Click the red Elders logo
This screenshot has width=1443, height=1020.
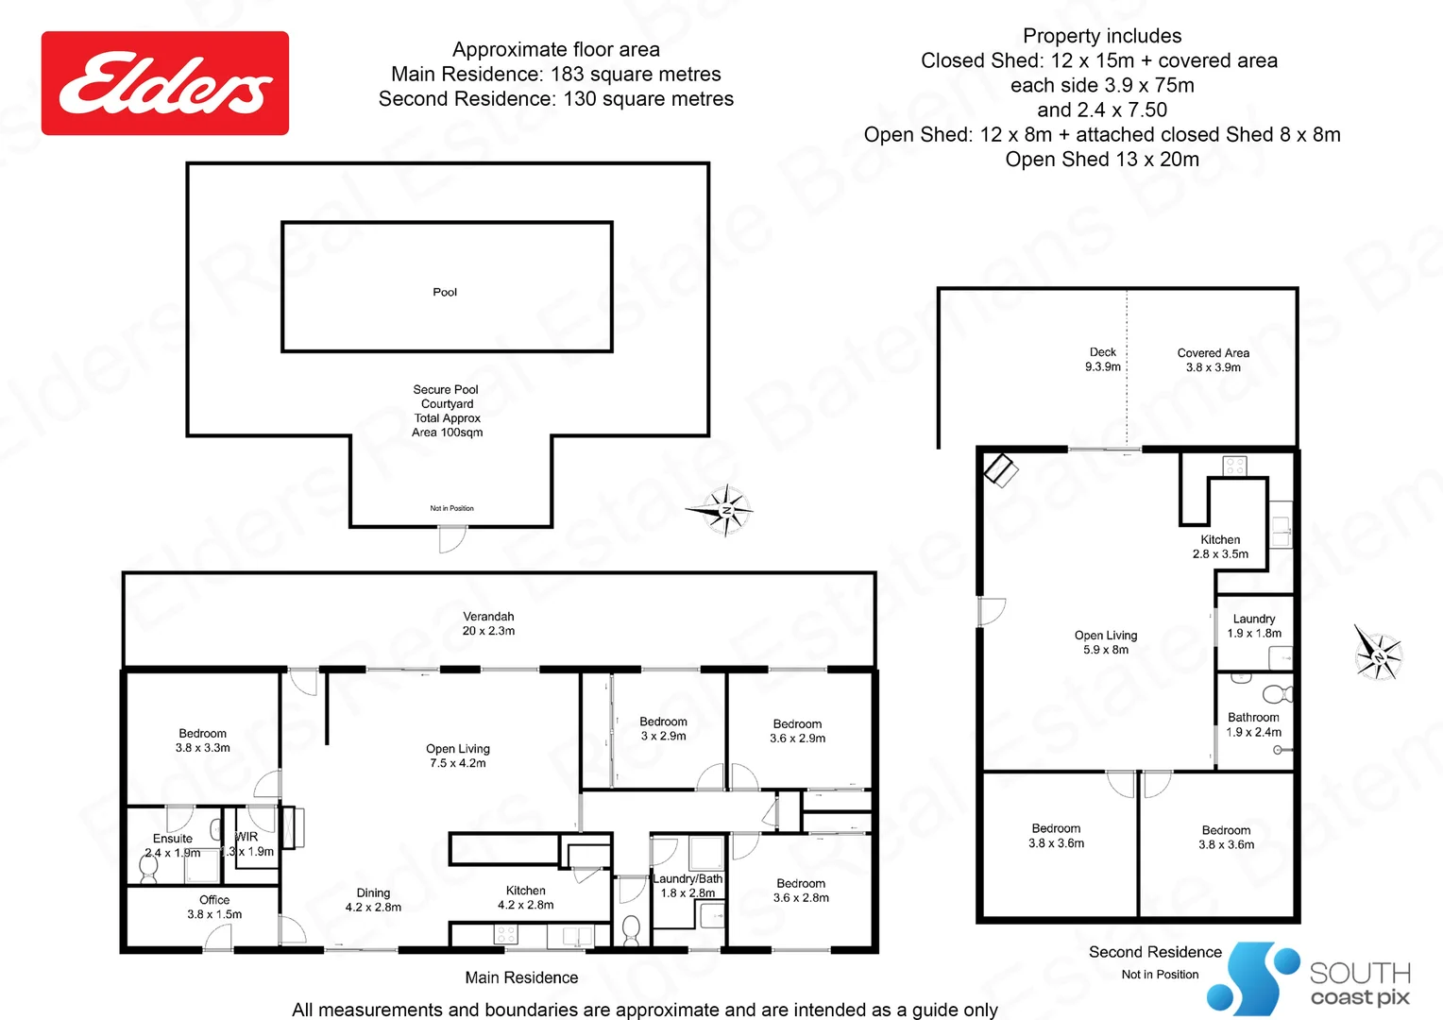(165, 83)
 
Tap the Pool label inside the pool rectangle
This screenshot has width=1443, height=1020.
(445, 293)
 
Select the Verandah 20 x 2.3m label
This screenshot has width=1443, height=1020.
(488, 624)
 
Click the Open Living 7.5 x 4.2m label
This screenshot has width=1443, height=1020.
(458, 756)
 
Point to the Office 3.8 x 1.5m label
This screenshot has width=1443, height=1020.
(214, 908)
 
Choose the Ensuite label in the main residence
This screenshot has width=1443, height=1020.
(173, 839)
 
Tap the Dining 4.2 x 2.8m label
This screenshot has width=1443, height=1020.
(373, 900)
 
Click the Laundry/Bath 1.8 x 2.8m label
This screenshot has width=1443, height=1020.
(688, 886)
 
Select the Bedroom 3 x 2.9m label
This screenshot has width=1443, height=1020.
(663, 729)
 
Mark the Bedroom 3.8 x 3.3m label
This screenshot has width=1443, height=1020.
(203, 740)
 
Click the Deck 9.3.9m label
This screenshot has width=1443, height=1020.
(1103, 360)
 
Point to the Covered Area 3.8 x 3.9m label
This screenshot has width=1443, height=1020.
(1214, 360)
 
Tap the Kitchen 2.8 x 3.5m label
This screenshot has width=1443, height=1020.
(1220, 547)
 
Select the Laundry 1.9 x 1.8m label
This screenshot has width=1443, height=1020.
(1254, 626)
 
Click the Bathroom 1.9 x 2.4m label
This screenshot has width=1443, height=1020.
(1253, 724)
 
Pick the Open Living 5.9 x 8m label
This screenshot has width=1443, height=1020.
(1106, 643)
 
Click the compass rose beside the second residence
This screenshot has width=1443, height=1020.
(1378, 653)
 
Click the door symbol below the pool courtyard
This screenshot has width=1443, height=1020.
(452, 539)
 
